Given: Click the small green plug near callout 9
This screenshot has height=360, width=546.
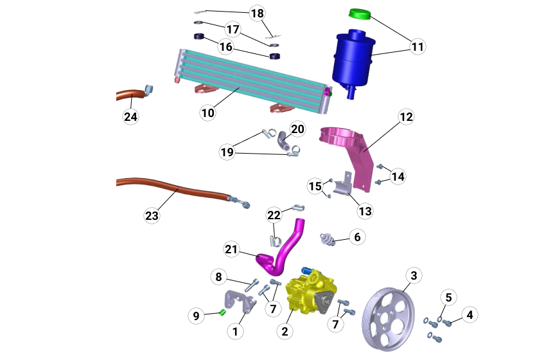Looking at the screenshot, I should point(222,312).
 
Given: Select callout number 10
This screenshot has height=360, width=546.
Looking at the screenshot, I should point(207,113).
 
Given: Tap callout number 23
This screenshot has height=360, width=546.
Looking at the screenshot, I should point(152,215).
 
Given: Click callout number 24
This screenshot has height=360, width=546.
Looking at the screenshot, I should point(131,116).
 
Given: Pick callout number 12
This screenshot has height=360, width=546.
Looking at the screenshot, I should point(406,117).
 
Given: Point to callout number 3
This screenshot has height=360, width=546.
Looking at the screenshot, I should point(414,276).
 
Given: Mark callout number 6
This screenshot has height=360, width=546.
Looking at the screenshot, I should point(357,237).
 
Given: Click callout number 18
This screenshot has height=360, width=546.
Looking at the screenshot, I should point(257,14).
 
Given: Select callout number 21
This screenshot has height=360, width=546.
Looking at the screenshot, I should point(232,249).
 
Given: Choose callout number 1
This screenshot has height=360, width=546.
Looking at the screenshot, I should point(235,331).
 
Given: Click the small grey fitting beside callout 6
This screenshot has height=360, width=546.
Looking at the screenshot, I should point(329,240).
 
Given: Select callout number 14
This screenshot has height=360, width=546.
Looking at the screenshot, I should point(398,176).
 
